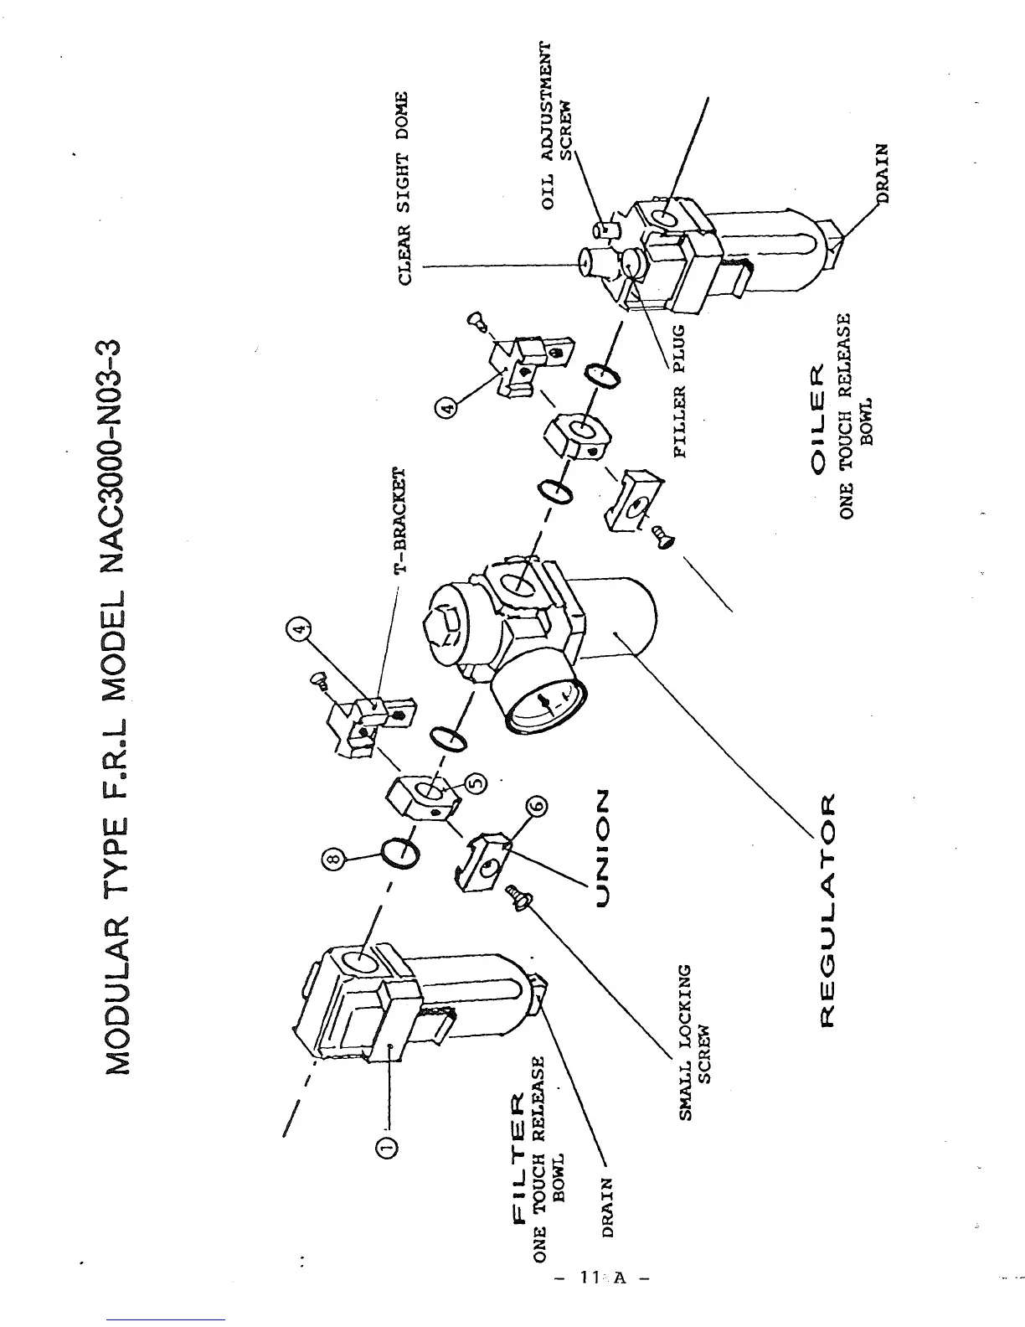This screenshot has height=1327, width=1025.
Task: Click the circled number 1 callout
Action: point(389,1147)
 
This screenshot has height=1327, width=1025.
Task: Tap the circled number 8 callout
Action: point(332,859)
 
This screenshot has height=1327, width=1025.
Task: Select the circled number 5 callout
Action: point(474,782)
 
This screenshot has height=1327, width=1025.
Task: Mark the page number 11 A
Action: point(601,1301)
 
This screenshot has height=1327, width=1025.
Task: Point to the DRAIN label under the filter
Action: point(609,1207)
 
